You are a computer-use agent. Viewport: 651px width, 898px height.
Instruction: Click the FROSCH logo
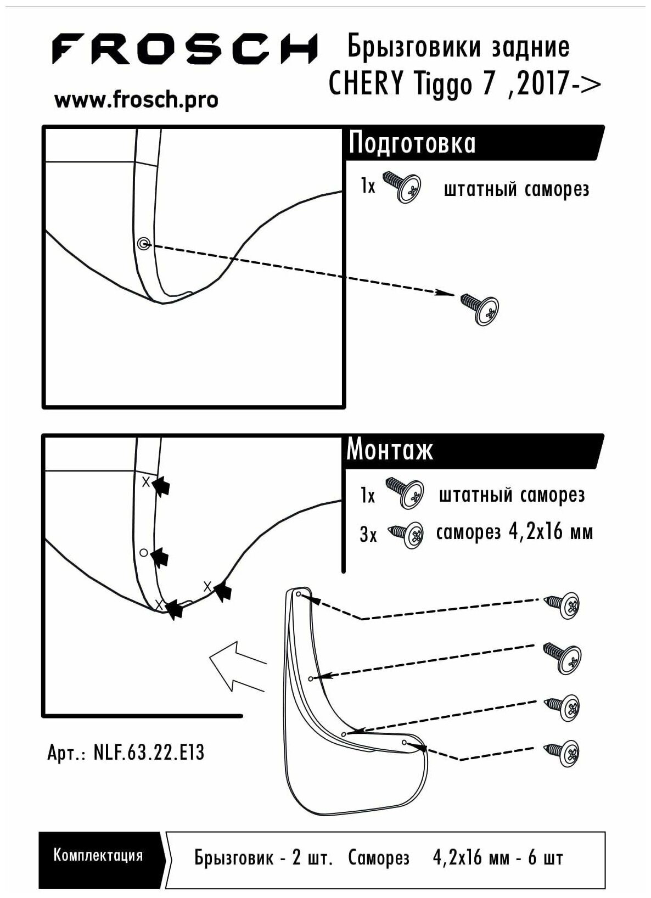pos(185,49)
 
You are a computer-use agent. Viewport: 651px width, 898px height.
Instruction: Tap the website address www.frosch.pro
pos(136,100)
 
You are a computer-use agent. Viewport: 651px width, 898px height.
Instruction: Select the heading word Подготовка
pos(412,143)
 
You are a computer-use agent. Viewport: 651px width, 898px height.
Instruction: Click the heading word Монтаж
pos(390,450)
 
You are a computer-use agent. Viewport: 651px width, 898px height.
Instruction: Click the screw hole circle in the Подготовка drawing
pos(143,243)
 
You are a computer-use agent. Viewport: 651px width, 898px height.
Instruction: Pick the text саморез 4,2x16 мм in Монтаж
pos(514,533)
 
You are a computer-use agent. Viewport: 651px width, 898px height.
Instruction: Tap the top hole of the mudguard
pos(299,594)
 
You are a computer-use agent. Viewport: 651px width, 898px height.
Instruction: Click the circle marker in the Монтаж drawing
pos(143,552)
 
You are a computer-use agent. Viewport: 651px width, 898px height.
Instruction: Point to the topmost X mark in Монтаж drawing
pos(146,482)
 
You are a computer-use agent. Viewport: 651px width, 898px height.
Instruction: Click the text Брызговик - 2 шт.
pos(263,858)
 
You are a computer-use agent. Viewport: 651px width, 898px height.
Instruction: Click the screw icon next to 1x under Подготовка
pos(401,187)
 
